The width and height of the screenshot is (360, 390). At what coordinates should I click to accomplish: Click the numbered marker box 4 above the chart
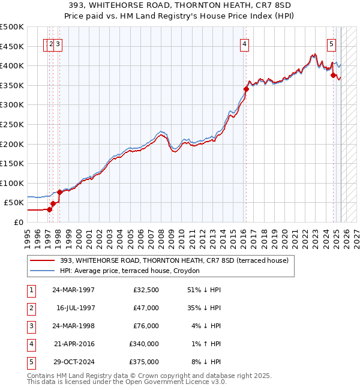245,43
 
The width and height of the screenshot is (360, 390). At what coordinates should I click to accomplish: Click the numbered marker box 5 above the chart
331,43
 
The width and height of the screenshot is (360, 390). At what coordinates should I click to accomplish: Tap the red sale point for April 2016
246,89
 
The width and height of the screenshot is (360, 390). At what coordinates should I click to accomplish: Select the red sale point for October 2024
333,75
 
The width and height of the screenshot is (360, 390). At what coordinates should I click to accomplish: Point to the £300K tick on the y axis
13,105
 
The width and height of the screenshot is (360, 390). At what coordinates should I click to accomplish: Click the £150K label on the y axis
13,163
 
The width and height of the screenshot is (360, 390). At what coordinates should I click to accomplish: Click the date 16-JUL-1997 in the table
76,308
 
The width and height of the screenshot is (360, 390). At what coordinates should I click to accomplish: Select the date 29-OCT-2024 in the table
74,362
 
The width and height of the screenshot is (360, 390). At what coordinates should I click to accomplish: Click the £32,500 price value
148,290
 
